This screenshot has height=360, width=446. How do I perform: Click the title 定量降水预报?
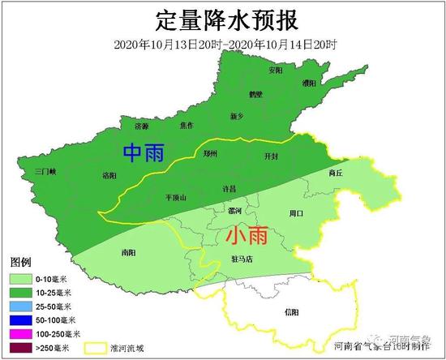point(223,19)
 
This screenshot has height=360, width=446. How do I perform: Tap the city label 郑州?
point(210,153)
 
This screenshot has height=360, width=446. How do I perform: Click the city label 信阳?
point(292,311)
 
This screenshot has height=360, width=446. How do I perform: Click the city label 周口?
point(295,213)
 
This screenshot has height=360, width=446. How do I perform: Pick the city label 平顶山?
point(174,196)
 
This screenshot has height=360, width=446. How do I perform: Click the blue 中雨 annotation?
point(142,152)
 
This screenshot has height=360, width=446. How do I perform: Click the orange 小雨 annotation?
point(242,236)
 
